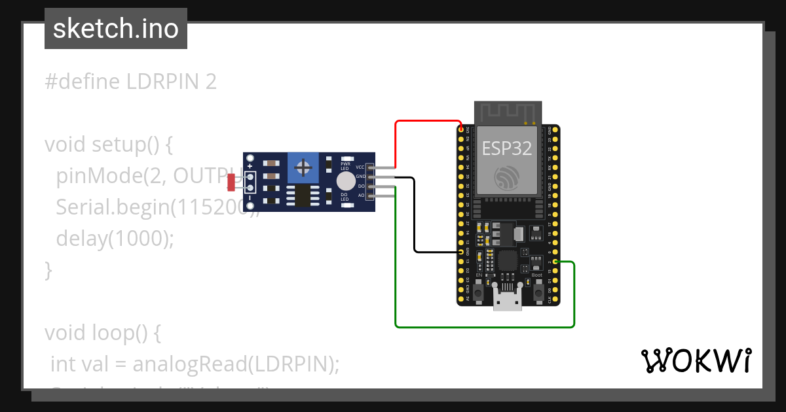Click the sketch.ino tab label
(115, 29)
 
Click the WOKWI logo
(696, 360)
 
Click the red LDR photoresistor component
(231, 182)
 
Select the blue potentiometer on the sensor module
(303, 167)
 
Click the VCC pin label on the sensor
(360, 167)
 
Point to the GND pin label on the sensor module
(360, 177)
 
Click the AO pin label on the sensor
(360, 195)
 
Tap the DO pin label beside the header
(360, 186)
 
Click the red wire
(426, 121)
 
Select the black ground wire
(415, 216)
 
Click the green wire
(485, 326)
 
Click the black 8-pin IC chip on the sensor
(302, 196)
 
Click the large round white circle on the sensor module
(345, 181)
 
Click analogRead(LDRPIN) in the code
(236, 364)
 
